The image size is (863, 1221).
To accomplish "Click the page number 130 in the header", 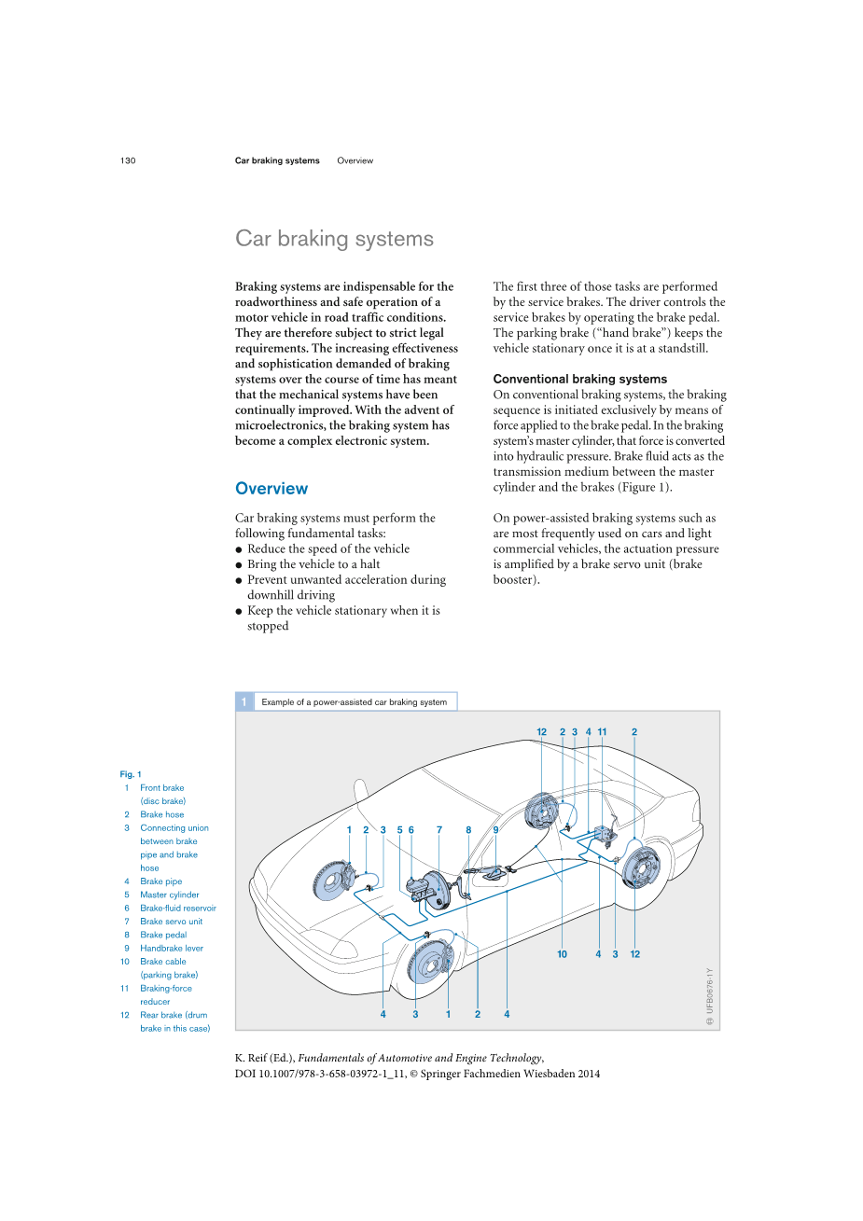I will point(128,160).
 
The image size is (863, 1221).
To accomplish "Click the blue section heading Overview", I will point(271,489).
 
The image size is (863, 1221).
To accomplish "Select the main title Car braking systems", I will point(334,239).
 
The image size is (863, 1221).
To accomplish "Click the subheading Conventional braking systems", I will point(579,379).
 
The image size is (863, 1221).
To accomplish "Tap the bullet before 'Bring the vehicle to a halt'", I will point(240,565).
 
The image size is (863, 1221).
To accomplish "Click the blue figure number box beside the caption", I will point(244,701).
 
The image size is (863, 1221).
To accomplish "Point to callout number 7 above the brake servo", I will point(439,829).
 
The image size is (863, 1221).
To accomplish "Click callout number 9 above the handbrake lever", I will point(495,829).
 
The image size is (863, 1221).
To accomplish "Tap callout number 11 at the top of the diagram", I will point(602,732).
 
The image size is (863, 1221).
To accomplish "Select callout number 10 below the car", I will point(562,954).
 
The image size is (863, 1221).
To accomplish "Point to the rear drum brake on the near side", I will point(640,867).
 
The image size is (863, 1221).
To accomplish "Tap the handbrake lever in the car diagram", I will point(492,874).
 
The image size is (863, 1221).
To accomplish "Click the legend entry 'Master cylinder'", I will point(170,895).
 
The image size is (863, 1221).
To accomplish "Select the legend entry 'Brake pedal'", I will point(163,935).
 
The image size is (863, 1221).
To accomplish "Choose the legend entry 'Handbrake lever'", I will point(172,948).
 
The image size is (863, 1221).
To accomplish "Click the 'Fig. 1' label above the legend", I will point(131,774).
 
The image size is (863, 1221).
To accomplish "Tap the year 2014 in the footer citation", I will point(589,1074).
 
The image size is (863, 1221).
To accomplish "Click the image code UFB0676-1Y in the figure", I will point(710,991).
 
